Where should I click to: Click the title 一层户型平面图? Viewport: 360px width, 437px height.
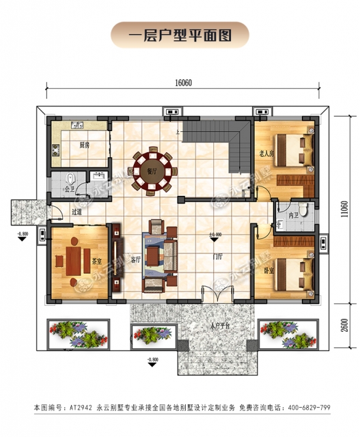pyautogui.click(x=180, y=32)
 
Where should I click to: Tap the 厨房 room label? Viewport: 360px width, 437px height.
pyautogui.click(x=84, y=145)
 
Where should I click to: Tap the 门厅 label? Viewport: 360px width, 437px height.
pyautogui.click(x=219, y=257)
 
